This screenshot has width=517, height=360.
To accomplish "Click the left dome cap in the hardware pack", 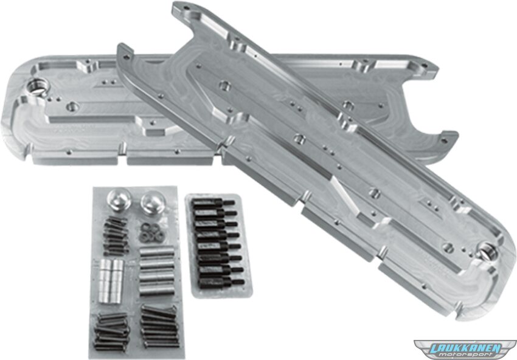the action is tap(119, 200).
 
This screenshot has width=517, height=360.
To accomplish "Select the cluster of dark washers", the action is tap(152, 232).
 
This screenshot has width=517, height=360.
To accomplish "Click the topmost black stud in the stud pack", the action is tap(213, 202).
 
